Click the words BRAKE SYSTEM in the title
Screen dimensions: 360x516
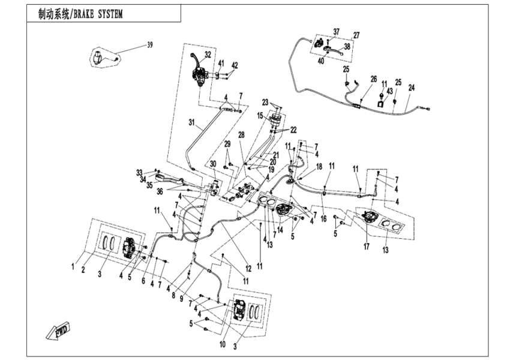pyautogui.click(x=97, y=14)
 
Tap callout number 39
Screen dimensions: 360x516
pyautogui.click(x=150, y=45)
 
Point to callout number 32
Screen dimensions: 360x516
pyautogui.click(x=208, y=54)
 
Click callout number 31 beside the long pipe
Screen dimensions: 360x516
pyautogui.click(x=192, y=124)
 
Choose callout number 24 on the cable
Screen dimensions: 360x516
pyautogui.click(x=411, y=88)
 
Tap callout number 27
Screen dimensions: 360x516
pyautogui.click(x=356, y=35)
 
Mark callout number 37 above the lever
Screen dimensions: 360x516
pyautogui.click(x=336, y=31)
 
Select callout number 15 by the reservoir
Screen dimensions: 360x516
pyautogui.click(x=261, y=115)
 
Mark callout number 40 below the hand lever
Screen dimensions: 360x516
pyautogui.click(x=321, y=61)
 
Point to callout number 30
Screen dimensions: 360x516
pyautogui.click(x=212, y=164)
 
